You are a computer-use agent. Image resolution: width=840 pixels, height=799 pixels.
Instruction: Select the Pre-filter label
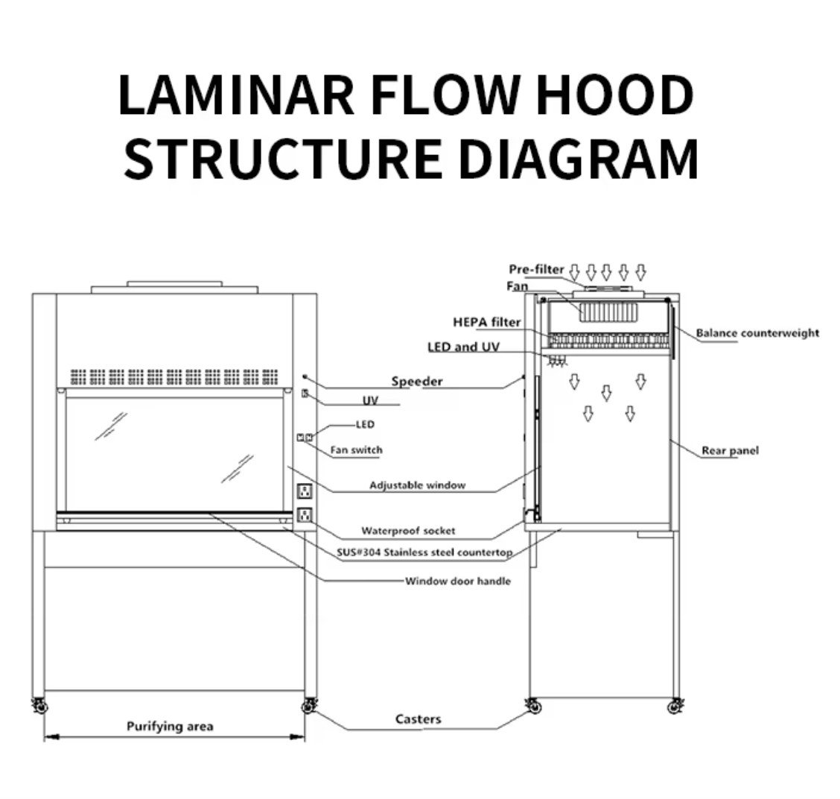click(537, 269)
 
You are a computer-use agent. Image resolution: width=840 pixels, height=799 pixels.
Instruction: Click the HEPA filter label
click(487, 323)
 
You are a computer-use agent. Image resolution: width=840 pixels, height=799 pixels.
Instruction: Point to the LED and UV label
click(463, 347)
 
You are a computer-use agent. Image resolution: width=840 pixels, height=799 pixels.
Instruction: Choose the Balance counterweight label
click(757, 333)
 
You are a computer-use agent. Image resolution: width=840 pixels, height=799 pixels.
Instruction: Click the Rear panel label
click(730, 451)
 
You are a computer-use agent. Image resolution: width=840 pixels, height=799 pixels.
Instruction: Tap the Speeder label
click(417, 382)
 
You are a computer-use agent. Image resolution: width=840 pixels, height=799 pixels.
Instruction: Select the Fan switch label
click(356, 450)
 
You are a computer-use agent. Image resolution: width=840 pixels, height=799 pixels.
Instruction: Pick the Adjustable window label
click(417, 485)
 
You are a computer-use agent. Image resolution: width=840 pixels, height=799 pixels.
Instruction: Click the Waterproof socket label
click(408, 531)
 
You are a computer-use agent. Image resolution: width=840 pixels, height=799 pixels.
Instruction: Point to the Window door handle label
click(458, 581)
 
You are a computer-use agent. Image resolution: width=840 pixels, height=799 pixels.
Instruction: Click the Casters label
click(418, 719)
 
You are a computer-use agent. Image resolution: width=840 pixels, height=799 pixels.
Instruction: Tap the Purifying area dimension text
click(170, 726)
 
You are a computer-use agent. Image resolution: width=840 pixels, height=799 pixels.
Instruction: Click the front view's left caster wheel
click(37, 705)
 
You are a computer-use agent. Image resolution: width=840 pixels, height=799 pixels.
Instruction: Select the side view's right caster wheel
click(676, 705)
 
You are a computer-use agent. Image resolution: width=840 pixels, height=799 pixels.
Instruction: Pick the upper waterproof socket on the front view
click(304, 491)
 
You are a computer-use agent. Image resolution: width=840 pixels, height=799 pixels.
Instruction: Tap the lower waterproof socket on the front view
click(304, 514)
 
